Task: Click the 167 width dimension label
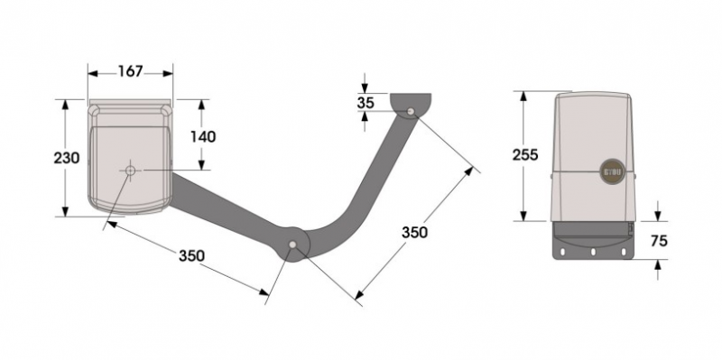(131, 72)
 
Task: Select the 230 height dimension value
(67, 158)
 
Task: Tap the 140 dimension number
(203, 137)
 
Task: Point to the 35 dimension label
(366, 103)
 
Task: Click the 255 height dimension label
(525, 155)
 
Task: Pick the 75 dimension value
(659, 240)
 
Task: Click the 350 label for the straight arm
(191, 255)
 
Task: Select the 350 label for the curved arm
(414, 233)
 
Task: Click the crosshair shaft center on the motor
(130, 171)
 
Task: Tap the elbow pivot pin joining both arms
(292, 245)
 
